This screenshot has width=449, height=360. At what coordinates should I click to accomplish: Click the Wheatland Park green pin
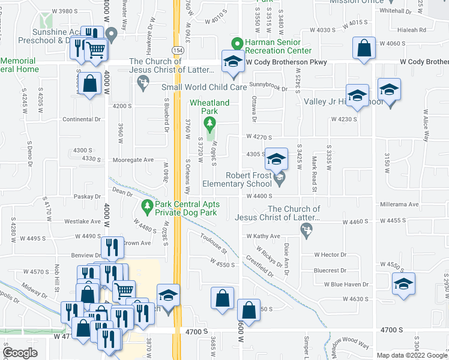pos(209,124)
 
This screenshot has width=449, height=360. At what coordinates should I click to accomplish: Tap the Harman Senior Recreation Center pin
pos(238,43)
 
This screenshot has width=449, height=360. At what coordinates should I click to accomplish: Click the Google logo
pos(20,353)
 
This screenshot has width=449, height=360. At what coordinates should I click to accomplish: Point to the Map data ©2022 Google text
pos(412,355)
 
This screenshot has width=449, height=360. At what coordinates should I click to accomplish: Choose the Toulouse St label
pos(214,243)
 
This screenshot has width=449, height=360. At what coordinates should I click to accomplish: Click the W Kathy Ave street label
pos(264,236)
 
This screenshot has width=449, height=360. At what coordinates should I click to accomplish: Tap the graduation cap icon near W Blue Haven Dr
pos(403,284)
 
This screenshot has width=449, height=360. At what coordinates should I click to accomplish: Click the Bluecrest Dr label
pos(334,271)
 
